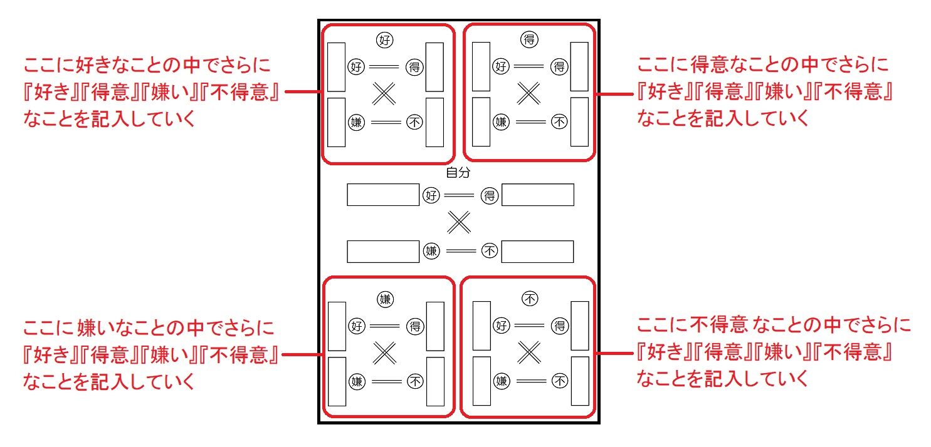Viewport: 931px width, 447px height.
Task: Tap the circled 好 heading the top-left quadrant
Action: point(385,41)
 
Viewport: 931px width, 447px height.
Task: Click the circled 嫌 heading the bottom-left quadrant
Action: point(385,299)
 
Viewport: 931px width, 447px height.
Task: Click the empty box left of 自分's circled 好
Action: point(382,195)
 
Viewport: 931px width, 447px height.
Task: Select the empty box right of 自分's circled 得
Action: point(538,195)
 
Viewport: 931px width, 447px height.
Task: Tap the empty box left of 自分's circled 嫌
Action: point(382,251)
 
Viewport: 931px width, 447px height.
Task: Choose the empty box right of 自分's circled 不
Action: point(538,251)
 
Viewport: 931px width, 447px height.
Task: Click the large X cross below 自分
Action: point(459,222)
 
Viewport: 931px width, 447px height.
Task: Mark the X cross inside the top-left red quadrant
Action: point(385,93)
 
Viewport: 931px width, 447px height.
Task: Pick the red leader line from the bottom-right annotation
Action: point(613,352)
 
